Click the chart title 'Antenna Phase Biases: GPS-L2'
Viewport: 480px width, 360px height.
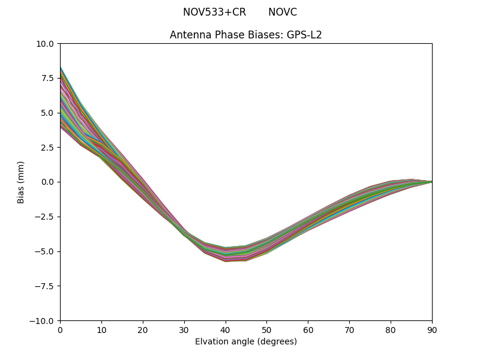[x=245, y=35]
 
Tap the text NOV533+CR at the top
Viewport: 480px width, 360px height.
[x=214, y=12]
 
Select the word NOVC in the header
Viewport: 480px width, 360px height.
[x=282, y=12]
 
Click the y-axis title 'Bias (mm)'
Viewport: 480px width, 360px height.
[x=21, y=182]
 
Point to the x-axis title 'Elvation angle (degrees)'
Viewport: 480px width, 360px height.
[x=245, y=341]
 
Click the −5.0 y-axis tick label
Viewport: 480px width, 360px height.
[x=45, y=251]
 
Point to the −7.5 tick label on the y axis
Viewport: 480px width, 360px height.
[x=45, y=286]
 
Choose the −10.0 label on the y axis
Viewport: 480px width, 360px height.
[x=43, y=321]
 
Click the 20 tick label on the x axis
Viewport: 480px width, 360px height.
[x=143, y=329]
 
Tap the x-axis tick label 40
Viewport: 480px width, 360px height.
[x=226, y=329]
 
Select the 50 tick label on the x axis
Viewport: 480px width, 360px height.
[x=266, y=329]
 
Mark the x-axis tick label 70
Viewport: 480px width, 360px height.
[x=349, y=329]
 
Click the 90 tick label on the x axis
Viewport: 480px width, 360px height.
[x=431, y=329]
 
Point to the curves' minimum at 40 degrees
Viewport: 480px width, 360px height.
[x=226, y=254]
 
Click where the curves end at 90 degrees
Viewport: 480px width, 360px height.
[x=431, y=181]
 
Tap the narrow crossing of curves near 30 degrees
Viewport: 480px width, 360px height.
[x=184, y=232]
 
